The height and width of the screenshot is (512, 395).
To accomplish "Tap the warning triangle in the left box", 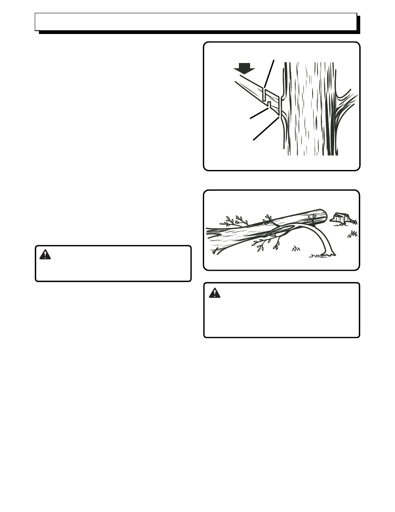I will (45, 254).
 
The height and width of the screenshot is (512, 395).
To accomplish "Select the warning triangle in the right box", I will (214, 293).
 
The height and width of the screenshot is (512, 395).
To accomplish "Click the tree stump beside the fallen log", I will (342, 218).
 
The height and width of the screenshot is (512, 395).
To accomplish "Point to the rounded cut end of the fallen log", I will (320, 216).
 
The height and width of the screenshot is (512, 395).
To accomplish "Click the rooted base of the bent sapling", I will (330, 253).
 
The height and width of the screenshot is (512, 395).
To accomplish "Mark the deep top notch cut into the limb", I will (264, 94).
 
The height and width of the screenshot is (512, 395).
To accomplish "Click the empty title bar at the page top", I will (196, 22).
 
